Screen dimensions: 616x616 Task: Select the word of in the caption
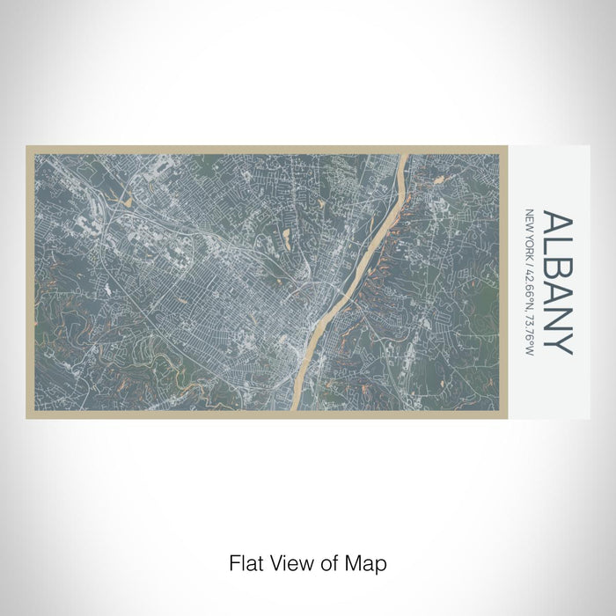[327, 562]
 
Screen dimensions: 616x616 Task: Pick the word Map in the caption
[364, 562]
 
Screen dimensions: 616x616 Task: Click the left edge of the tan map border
[29, 282]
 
